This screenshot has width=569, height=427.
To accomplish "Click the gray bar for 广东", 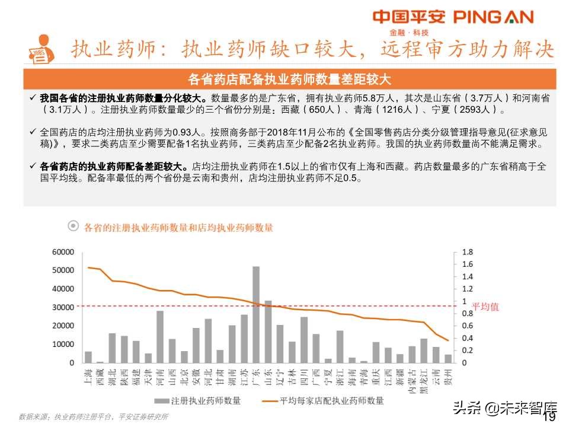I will point(256,314).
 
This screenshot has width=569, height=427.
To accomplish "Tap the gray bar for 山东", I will point(268,332).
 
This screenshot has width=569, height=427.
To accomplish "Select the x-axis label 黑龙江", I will point(423,380).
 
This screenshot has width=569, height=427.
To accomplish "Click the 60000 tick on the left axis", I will point(63,252).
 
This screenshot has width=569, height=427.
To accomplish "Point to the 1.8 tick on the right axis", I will point(467,252).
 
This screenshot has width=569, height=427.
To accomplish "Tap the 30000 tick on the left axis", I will point(63,307).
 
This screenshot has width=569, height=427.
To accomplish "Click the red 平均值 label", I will point(485,307).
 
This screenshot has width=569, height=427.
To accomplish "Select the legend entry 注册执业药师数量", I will point(199,401).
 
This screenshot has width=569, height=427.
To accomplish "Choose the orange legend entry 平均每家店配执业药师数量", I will point(323,401).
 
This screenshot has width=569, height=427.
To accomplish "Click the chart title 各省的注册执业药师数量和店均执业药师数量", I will point(178,227).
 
